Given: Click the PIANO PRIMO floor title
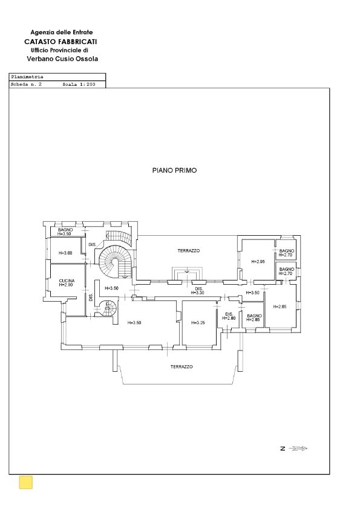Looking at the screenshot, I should tap(174, 171).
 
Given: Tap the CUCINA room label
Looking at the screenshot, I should tap(67, 282).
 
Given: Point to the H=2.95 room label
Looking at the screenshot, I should tap(258, 261).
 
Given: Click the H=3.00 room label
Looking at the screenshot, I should tap(65, 253).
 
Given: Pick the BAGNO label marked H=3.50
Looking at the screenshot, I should tap(65, 232).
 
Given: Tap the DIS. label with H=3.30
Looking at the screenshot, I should tap(198, 291).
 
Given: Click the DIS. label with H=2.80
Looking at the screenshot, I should tap(229, 316).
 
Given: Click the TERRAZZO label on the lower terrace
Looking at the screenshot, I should tap(181, 366).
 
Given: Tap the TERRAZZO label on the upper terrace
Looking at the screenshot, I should tap(188, 250).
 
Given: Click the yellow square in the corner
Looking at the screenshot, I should tap(26, 482).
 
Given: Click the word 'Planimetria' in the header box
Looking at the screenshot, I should tap(25, 78).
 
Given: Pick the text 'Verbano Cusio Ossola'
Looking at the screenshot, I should tap(62, 59).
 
